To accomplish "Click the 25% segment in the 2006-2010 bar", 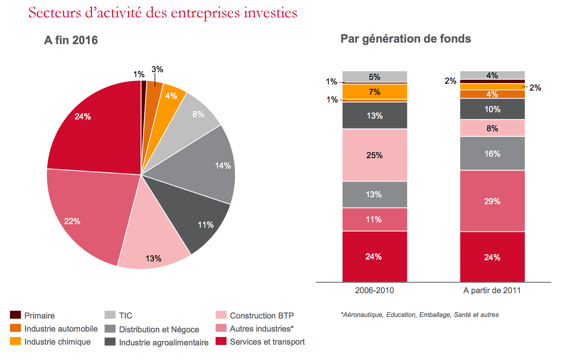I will [x=374, y=155].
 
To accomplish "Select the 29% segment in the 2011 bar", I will [x=492, y=201].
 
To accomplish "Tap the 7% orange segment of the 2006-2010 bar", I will [x=374, y=92].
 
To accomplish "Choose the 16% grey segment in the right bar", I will [x=492, y=154].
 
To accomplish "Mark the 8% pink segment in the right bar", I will [x=492, y=128].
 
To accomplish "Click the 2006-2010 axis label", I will [x=374, y=291].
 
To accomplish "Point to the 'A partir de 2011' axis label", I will [x=492, y=291].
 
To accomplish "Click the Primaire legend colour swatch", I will [x=15, y=315].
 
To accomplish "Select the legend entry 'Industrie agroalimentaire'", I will [x=163, y=342].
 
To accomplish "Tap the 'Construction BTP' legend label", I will [x=262, y=315].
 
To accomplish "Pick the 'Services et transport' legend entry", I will [x=267, y=342].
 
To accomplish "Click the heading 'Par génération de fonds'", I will [x=405, y=39].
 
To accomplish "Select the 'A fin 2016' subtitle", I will [x=71, y=40].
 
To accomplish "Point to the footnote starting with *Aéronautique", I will [x=420, y=315].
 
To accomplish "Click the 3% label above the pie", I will [x=157, y=69].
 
